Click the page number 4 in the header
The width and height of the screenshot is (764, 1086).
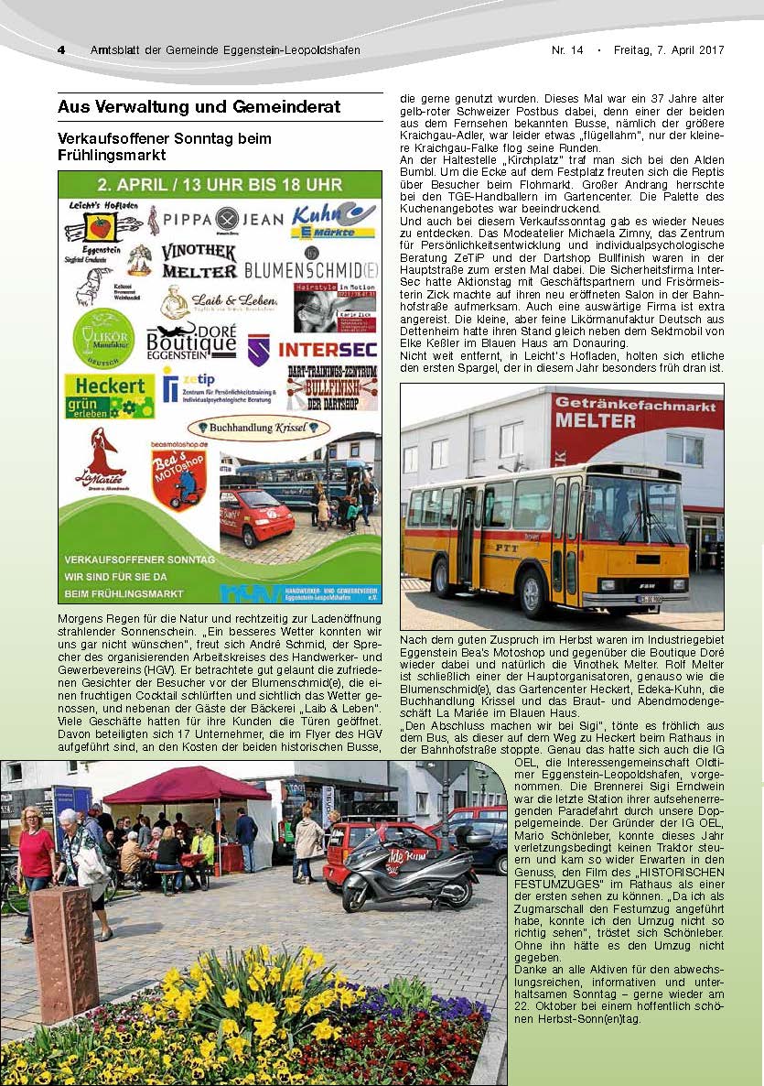pos(61,49)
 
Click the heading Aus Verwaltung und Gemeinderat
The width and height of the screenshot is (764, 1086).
pos(199,107)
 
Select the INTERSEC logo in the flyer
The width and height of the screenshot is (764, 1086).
pos(328,349)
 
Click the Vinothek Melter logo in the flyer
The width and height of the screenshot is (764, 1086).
pos(199,260)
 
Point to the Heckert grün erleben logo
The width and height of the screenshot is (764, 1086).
pos(109,395)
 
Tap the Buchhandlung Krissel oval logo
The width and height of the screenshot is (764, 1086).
pos(258,427)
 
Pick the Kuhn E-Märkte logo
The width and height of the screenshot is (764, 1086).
pos(332,221)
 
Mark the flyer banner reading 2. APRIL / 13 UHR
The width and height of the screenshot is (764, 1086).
pos(220,182)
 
